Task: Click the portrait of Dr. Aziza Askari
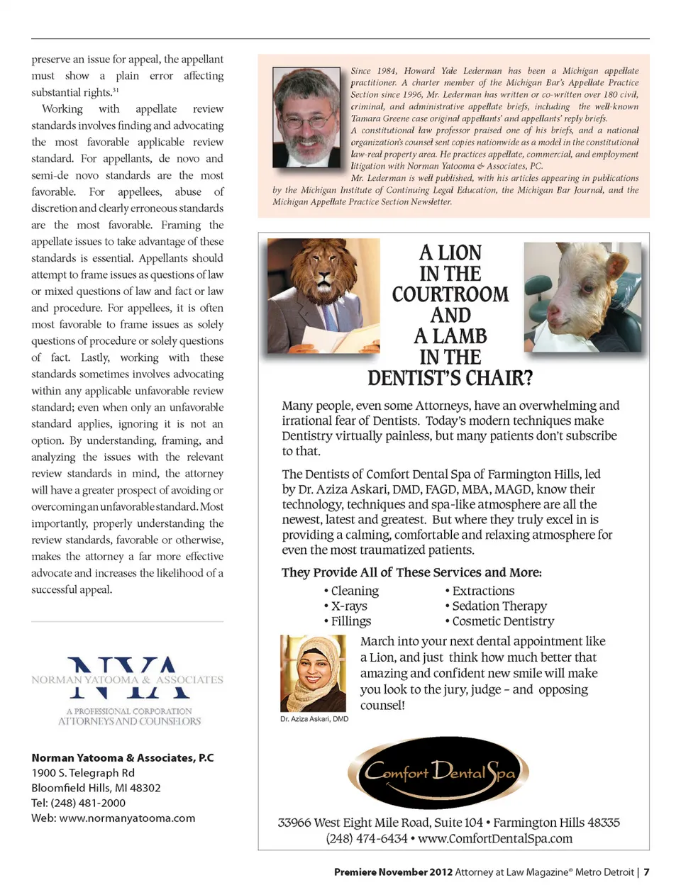coord(313,673)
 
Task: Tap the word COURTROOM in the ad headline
coord(450,294)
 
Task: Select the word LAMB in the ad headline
coord(460,336)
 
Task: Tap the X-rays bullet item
coord(348,606)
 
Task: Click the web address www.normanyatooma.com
coord(127,818)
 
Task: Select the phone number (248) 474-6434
coord(366,838)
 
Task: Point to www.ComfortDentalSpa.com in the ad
coord(494,838)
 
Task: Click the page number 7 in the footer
coord(646,872)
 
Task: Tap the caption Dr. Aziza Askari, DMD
coord(314,718)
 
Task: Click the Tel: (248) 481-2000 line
coord(78,803)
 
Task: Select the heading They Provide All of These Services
coord(411,572)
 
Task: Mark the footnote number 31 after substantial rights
coord(116,90)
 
